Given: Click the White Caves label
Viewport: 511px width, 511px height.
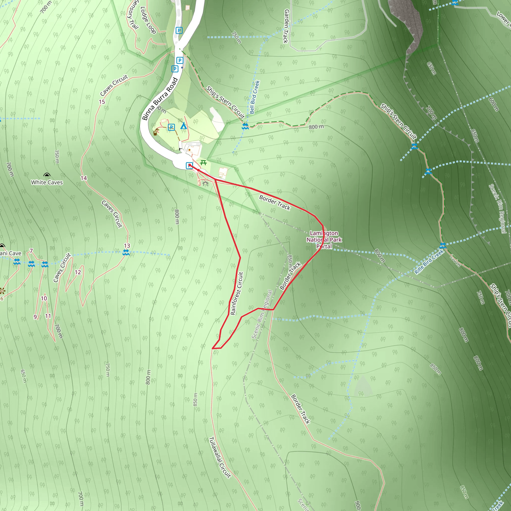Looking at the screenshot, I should [x=47, y=182].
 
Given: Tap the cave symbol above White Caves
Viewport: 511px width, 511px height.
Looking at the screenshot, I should [x=47, y=175].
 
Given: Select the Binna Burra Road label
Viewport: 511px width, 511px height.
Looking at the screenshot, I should [x=160, y=99].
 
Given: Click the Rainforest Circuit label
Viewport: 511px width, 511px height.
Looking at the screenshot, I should [x=237, y=293].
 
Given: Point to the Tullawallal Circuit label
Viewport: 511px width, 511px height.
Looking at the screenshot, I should [x=220, y=458].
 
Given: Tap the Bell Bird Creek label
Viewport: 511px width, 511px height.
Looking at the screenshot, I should [x=255, y=97].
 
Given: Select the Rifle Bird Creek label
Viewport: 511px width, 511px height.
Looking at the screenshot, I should [x=429, y=262].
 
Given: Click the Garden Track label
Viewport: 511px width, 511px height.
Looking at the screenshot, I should [x=286, y=26].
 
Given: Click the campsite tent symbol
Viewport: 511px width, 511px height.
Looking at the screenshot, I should [x=183, y=126].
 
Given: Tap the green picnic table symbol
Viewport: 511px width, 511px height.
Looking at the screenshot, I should [x=203, y=163].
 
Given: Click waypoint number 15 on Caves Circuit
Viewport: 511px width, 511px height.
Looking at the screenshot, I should [x=102, y=102].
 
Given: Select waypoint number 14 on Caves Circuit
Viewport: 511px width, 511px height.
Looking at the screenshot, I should [x=84, y=178].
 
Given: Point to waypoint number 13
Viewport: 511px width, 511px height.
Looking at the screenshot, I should [x=127, y=246].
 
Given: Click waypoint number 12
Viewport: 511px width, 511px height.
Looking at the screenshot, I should [x=78, y=272].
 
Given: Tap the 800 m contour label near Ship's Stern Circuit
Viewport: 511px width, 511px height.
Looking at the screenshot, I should [x=316, y=127].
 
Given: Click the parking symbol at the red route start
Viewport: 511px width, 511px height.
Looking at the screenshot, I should [x=189, y=166].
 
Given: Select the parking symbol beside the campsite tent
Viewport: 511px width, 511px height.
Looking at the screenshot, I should [x=171, y=127].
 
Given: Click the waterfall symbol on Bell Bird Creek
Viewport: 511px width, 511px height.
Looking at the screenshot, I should [x=245, y=126].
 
